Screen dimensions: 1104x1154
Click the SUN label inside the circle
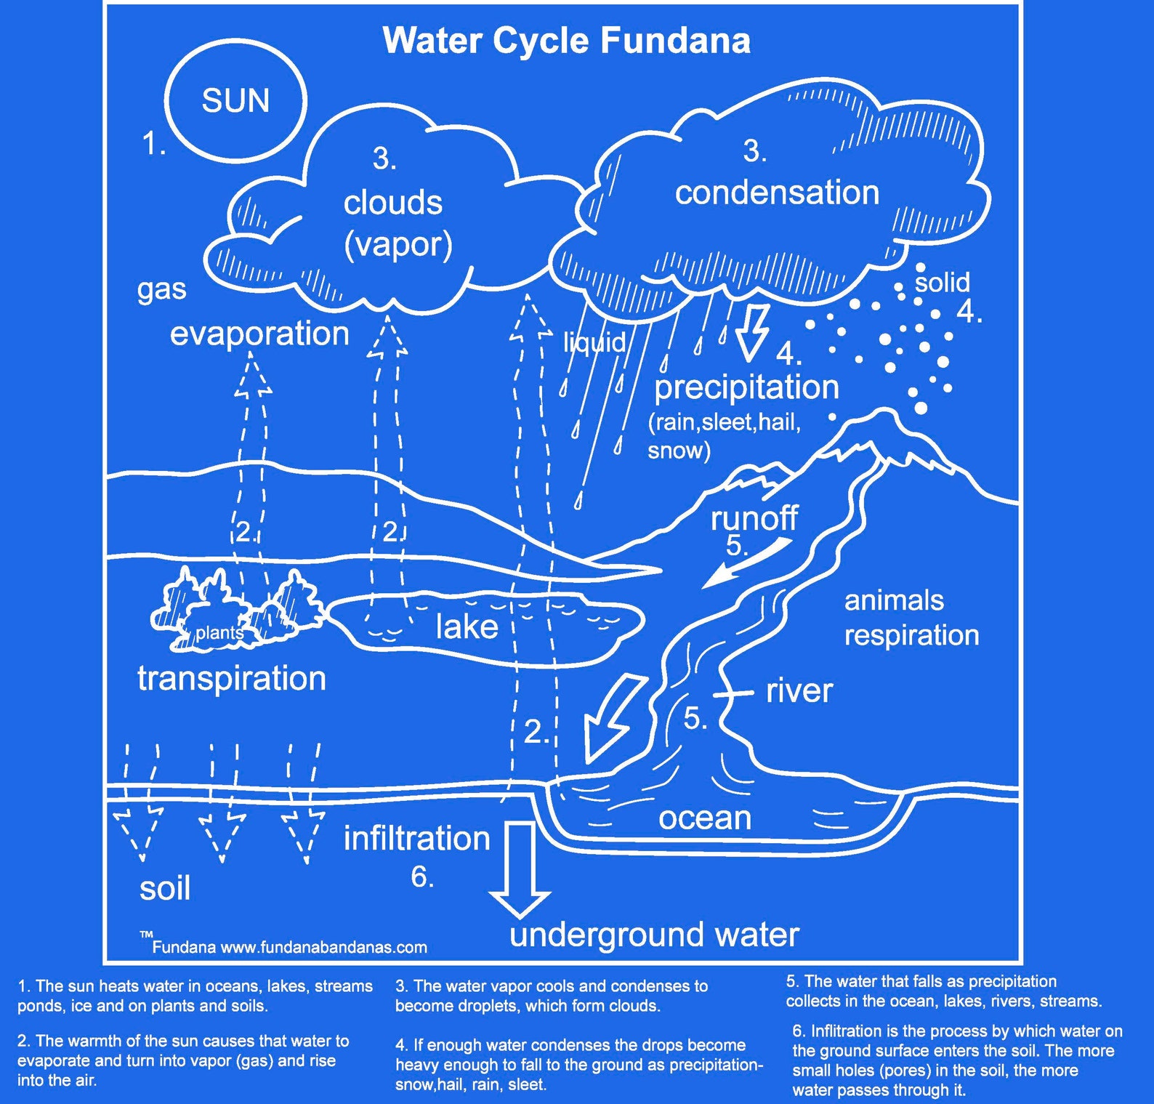(235, 101)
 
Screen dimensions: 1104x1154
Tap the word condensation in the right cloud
(777, 193)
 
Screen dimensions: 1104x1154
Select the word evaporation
(259, 334)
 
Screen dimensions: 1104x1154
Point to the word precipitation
(746, 387)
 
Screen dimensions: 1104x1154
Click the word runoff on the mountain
(754, 518)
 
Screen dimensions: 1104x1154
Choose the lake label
(467, 626)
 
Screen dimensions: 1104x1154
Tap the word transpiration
(232, 678)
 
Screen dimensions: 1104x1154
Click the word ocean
(705, 818)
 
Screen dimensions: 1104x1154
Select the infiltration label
(416, 838)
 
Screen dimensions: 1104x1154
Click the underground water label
(654, 934)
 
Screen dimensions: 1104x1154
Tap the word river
(799, 690)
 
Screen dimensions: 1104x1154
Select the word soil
(165, 888)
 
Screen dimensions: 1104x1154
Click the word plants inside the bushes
(218, 633)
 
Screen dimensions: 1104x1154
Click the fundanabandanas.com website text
(323, 947)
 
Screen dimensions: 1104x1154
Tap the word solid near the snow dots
(942, 282)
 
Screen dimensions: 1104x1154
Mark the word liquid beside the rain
(594, 342)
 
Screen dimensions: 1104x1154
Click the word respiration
(911, 634)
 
